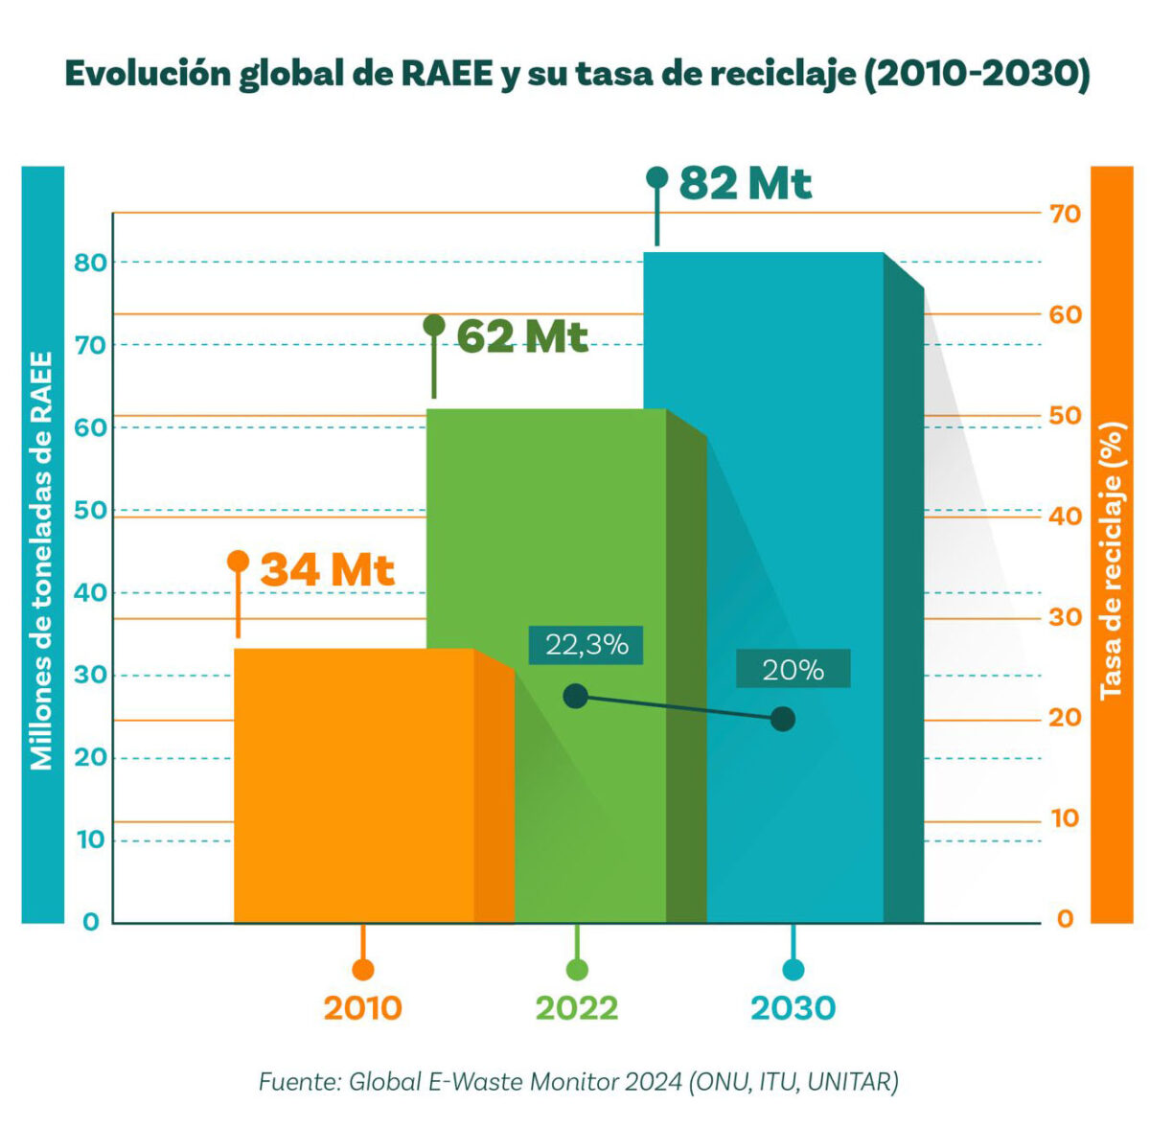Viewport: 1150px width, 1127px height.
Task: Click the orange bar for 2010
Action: [x=355, y=786]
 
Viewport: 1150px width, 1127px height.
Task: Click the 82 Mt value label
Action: [x=745, y=183]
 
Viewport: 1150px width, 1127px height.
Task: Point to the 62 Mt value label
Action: [x=521, y=336]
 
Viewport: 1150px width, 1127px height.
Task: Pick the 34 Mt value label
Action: [x=327, y=570]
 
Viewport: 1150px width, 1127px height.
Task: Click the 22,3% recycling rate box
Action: [x=586, y=645]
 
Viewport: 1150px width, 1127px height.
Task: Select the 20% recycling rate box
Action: [x=793, y=669]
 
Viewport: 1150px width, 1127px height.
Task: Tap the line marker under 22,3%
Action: [x=575, y=696]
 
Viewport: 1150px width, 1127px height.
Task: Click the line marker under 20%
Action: [x=783, y=719]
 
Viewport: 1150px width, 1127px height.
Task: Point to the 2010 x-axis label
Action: [x=362, y=1008]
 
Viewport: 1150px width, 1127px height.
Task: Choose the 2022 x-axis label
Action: [x=577, y=1008]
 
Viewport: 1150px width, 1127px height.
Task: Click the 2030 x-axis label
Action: [x=793, y=1008]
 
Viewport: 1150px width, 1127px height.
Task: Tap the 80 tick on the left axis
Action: [x=90, y=263]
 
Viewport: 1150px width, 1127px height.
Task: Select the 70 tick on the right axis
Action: [x=1064, y=214]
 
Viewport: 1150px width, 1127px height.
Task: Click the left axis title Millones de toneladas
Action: [x=42, y=561]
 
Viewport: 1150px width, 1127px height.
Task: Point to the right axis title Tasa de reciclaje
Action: [x=1111, y=561]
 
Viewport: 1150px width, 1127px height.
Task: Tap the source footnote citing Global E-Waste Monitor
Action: [x=578, y=1082]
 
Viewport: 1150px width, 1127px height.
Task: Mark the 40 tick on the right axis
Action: [x=1064, y=517]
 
